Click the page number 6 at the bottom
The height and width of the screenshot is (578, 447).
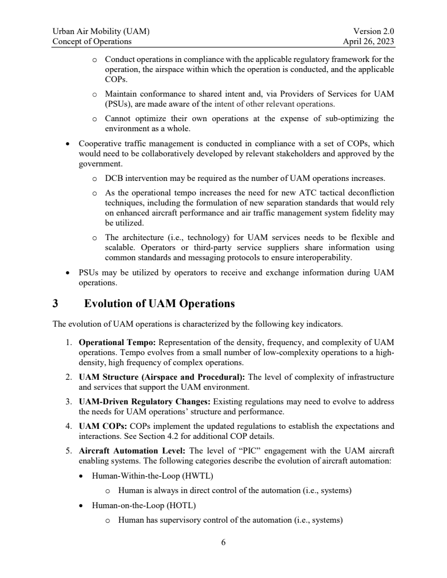pyautogui.click(x=223, y=542)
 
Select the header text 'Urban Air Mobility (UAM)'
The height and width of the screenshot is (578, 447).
pyautogui.click(x=101, y=32)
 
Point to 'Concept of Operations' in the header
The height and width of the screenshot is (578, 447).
pyautogui.click(x=92, y=41)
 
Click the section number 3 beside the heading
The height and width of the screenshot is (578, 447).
pyautogui.click(x=55, y=304)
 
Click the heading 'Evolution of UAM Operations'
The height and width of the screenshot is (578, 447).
pyautogui.click(x=159, y=304)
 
